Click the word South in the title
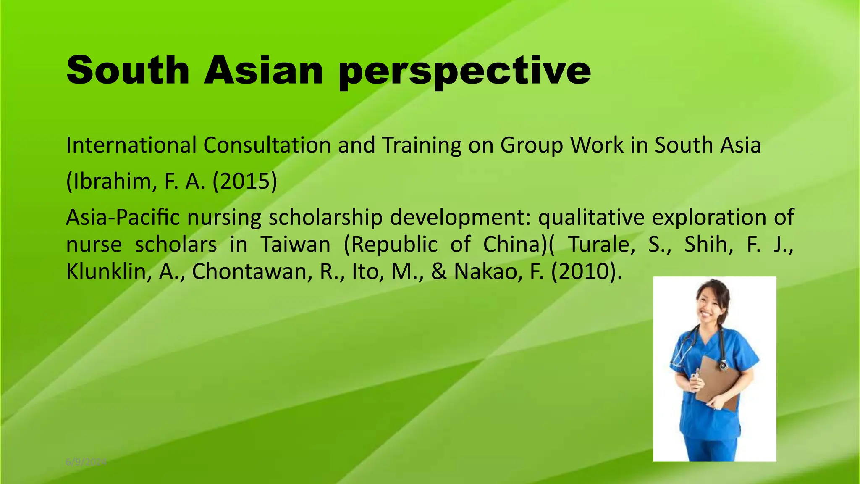coord(128,70)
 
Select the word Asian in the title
coord(264,70)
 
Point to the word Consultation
coord(267,145)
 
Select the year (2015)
coord(245,181)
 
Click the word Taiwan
coord(296,245)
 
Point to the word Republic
coord(390,245)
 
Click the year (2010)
coord(586,272)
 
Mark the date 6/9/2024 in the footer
coord(86,462)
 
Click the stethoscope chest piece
coord(723,366)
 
